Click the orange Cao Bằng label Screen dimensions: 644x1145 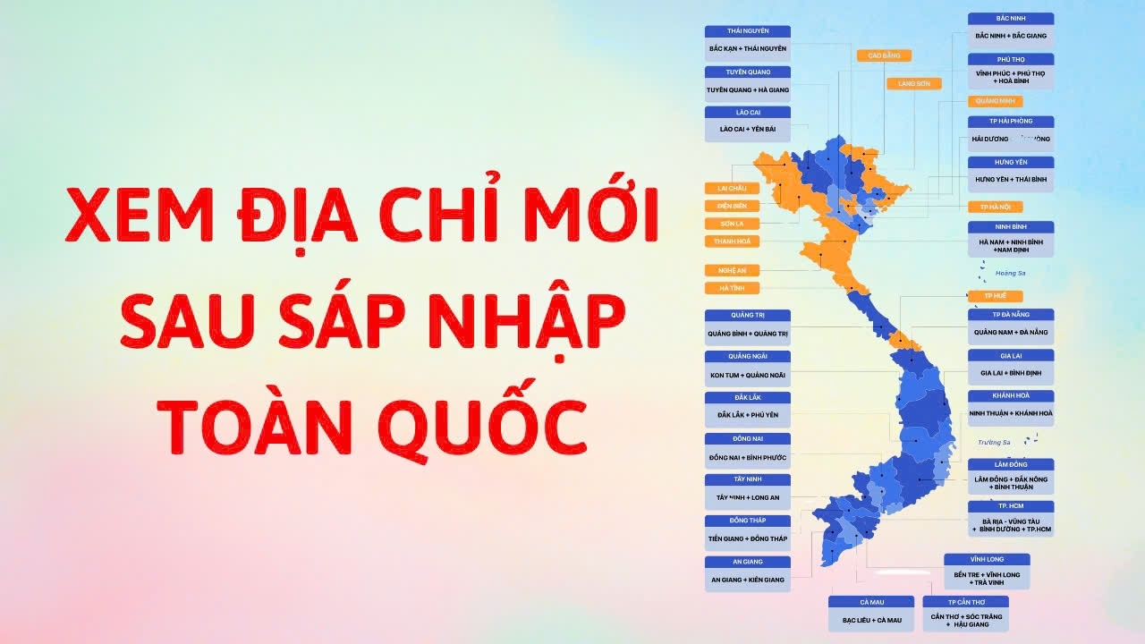[x=884, y=55]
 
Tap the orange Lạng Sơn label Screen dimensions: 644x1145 [x=913, y=83]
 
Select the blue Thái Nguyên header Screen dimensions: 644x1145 [x=748, y=31]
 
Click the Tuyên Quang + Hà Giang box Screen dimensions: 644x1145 [x=748, y=90]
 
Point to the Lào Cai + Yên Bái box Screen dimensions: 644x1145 [x=748, y=130]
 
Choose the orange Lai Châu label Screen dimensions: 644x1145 [x=732, y=188]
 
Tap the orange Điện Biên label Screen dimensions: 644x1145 [x=732, y=206]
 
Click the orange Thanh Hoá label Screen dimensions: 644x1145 [x=732, y=241]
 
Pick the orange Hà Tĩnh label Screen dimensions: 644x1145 [x=732, y=288]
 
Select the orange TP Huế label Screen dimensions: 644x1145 [x=996, y=296]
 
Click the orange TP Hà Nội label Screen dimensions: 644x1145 [x=996, y=207]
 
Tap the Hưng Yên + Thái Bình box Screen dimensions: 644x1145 [x=1011, y=180]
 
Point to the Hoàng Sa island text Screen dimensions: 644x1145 [x=1010, y=273]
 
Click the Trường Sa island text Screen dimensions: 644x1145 [x=994, y=442]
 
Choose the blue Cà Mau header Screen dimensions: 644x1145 [x=871, y=602]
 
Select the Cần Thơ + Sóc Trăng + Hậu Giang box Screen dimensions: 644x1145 [x=966, y=620]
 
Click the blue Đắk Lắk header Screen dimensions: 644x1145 [x=748, y=397]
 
